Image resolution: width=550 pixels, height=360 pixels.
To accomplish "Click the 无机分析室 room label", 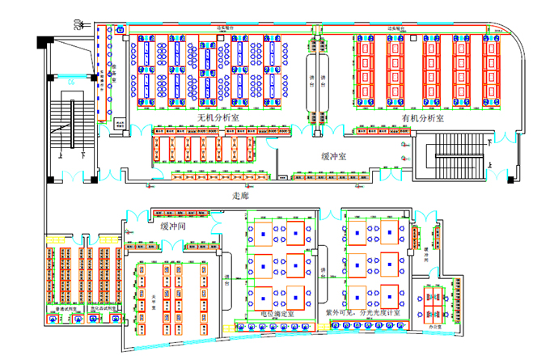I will click(218, 118).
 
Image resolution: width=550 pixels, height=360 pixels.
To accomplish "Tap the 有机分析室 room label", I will click(423, 118).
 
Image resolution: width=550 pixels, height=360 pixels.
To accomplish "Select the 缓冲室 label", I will click(334, 155).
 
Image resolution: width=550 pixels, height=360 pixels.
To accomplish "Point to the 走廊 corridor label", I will click(240, 196).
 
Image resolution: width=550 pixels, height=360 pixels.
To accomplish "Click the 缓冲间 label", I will click(174, 227).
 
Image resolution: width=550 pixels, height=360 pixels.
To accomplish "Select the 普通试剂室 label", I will click(67, 310).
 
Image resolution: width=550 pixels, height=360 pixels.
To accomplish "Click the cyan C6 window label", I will click(70, 82).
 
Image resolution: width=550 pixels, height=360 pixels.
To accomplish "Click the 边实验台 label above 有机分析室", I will click(401, 28).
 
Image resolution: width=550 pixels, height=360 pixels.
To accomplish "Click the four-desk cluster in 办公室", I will click(434, 299).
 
